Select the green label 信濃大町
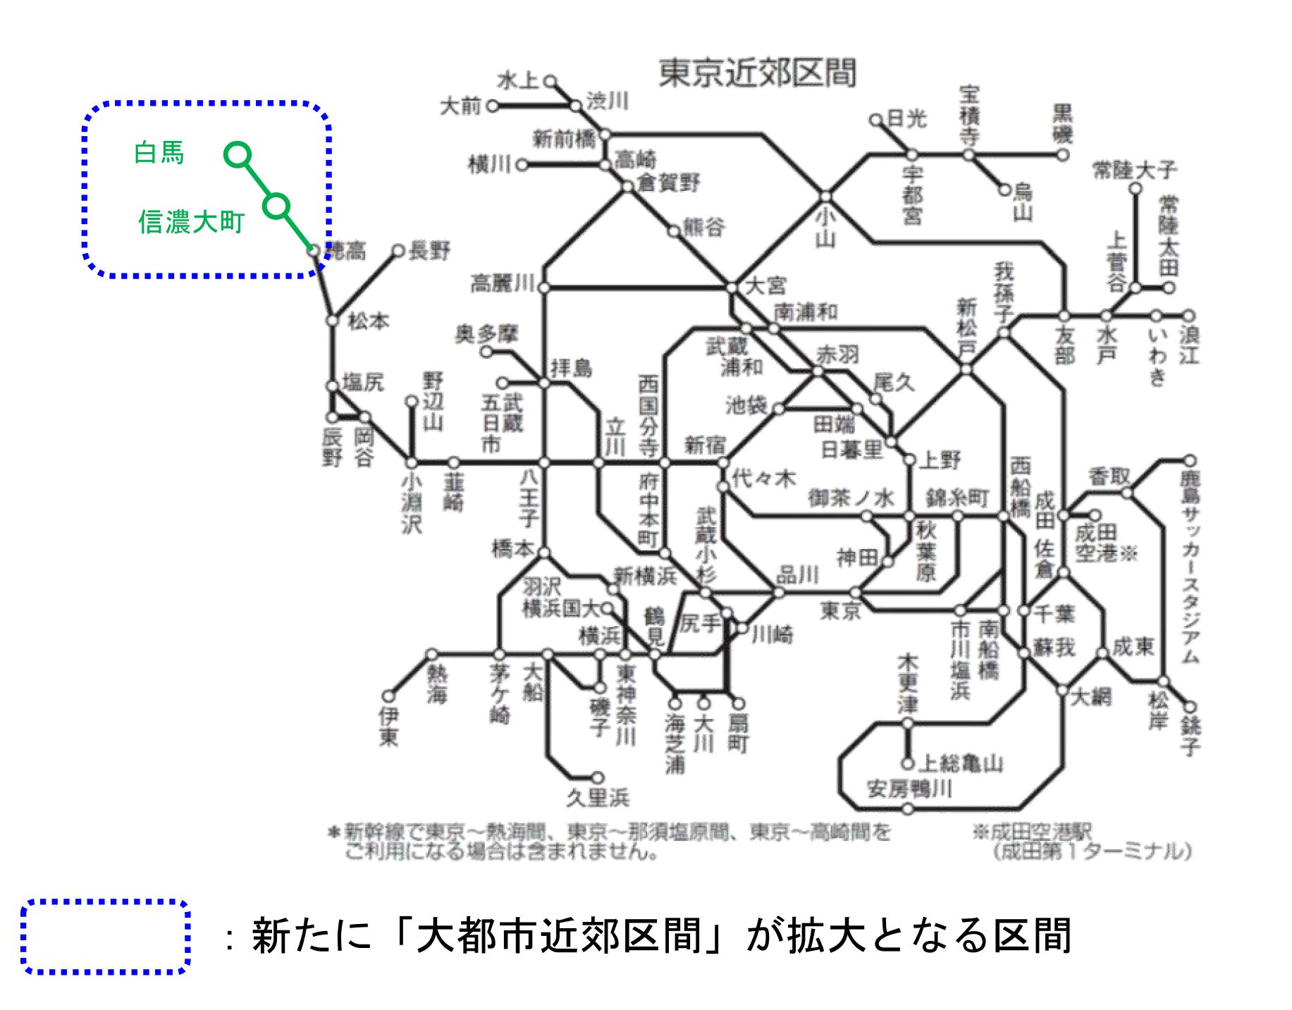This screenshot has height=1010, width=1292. pyautogui.click(x=191, y=222)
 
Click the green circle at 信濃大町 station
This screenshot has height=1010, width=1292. pyautogui.click(x=277, y=206)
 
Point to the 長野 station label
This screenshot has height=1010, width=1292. pyautogui.click(x=429, y=250)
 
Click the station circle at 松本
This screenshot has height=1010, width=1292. pyautogui.click(x=333, y=320)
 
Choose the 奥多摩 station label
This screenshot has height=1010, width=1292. pyautogui.click(x=486, y=334)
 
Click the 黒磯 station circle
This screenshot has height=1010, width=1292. pyautogui.click(x=1063, y=154)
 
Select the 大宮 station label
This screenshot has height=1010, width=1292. pyautogui.click(x=765, y=285)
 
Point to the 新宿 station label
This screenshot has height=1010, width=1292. pyautogui.click(x=705, y=445)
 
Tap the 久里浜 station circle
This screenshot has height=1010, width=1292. pyautogui.click(x=598, y=777)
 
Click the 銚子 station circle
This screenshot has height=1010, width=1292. pyautogui.click(x=1191, y=707)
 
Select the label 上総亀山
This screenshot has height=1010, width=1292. pyautogui.click(x=962, y=763)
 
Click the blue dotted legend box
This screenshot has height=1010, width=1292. pyautogui.click(x=106, y=937)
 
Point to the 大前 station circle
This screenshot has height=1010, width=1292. pyautogui.click(x=493, y=106)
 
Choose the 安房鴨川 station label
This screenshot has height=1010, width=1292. pyautogui.click(x=909, y=789)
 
